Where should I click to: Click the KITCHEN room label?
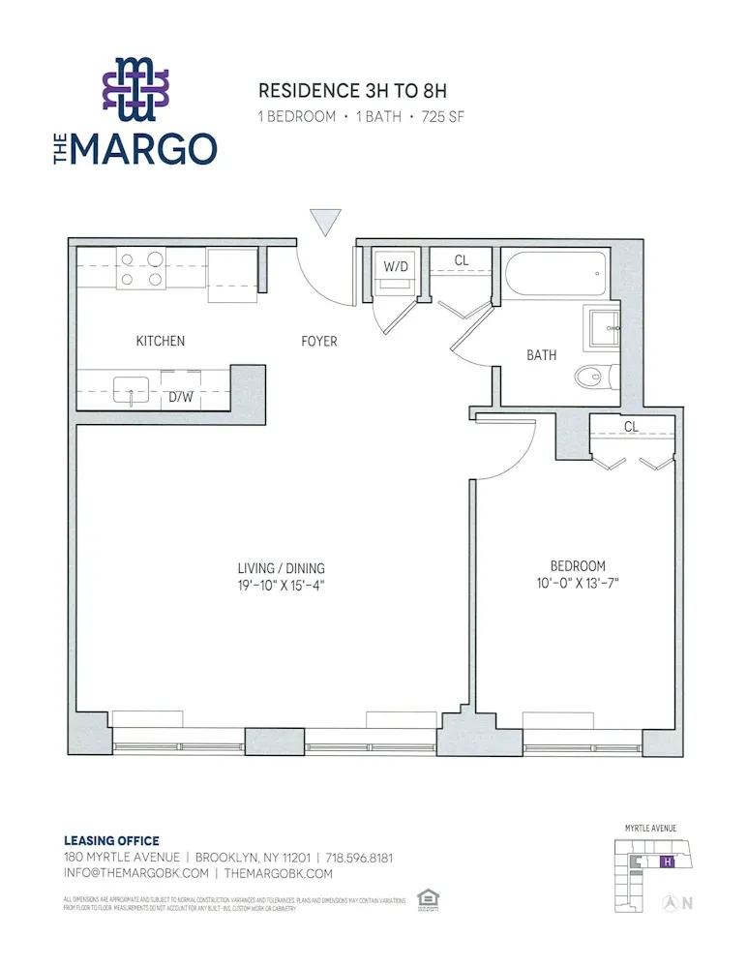point(160,341)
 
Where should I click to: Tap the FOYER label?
point(319,341)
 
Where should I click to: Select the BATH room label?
point(541,355)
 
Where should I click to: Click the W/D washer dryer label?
point(395,265)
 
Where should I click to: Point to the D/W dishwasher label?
point(181,396)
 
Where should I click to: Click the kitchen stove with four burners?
point(140,268)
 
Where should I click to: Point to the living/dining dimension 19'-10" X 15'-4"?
point(282,585)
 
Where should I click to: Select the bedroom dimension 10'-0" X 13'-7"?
point(578,583)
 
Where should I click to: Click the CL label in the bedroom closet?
point(631,426)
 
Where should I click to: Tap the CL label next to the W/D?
point(462,260)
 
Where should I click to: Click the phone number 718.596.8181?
point(359,858)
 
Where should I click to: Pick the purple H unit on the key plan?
point(666,861)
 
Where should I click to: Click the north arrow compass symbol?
point(669,903)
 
